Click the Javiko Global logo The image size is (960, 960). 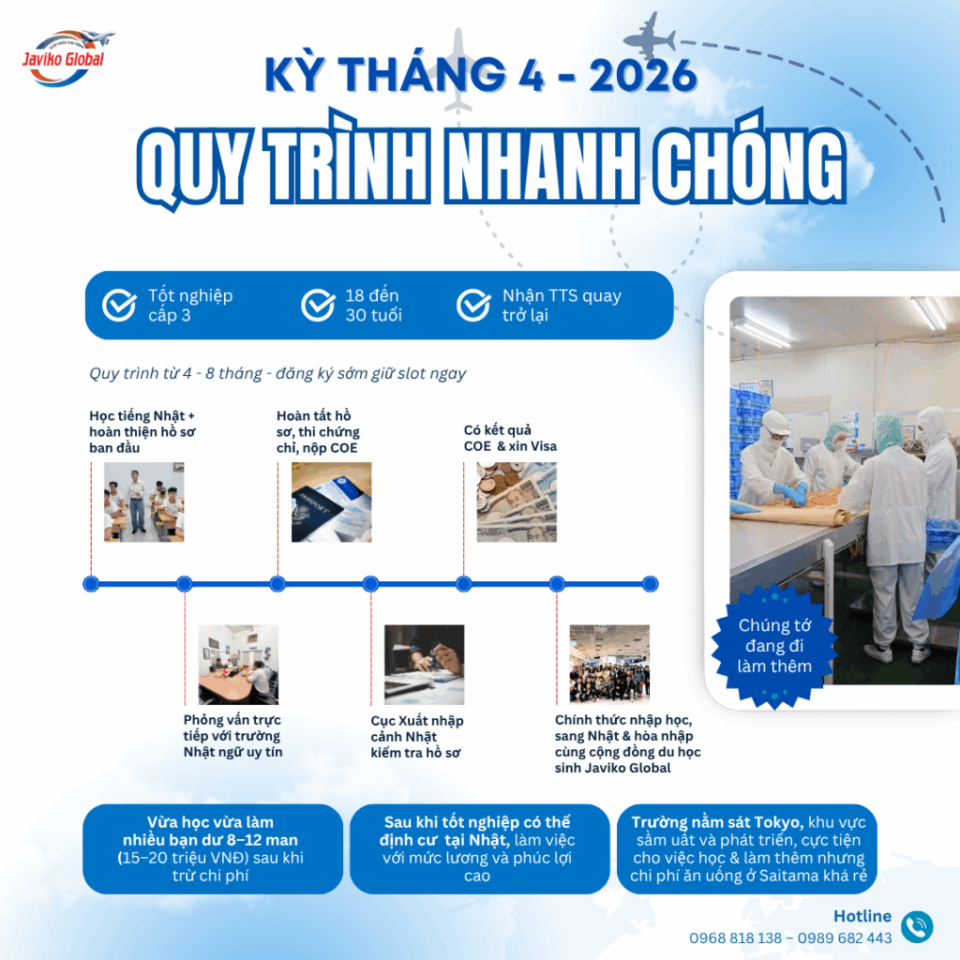point(67,58)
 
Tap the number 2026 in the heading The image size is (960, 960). point(643,75)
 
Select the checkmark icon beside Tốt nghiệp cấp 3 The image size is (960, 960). point(119,305)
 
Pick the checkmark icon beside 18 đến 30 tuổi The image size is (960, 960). point(319,305)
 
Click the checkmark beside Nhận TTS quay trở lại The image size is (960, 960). point(473,305)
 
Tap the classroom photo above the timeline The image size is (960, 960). point(143,502)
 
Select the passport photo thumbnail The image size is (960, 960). point(331,502)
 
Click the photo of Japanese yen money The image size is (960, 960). point(517,502)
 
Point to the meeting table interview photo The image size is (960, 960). point(238,665)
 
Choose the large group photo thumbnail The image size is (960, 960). point(609,665)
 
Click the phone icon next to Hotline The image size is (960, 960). point(917,926)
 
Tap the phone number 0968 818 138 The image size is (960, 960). point(735,937)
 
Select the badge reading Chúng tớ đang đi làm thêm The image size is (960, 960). point(774,646)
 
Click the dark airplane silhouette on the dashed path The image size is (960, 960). point(651,38)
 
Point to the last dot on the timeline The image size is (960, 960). point(651,584)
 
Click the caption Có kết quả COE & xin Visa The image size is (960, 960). point(510,438)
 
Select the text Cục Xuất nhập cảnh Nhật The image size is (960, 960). point(417,728)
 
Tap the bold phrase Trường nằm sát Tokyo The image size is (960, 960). point(717,822)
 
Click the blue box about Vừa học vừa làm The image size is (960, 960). point(213,848)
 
